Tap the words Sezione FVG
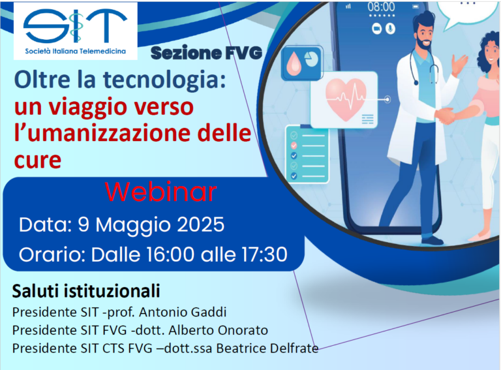pyautogui.click(x=206, y=53)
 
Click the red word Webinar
pyautogui.click(x=160, y=192)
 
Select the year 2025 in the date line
pyautogui.click(x=201, y=224)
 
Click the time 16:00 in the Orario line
pyautogui.click(x=170, y=254)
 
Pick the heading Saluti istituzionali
pyautogui.click(x=86, y=291)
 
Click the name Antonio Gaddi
pyautogui.click(x=183, y=312)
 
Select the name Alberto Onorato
pyautogui.click(x=219, y=330)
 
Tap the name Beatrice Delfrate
pyautogui.click(x=267, y=348)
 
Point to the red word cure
pyautogui.click(x=38, y=161)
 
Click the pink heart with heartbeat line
pyautogui.click(x=345, y=99)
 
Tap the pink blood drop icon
pyautogui.click(x=294, y=63)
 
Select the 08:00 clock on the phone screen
pyautogui.click(x=381, y=7)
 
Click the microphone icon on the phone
pyautogui.click(x=390, y=29)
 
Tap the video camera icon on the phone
pyautogui.click(x=377, y=29)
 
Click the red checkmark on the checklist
pyautogui.click(x=294, y=146)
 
